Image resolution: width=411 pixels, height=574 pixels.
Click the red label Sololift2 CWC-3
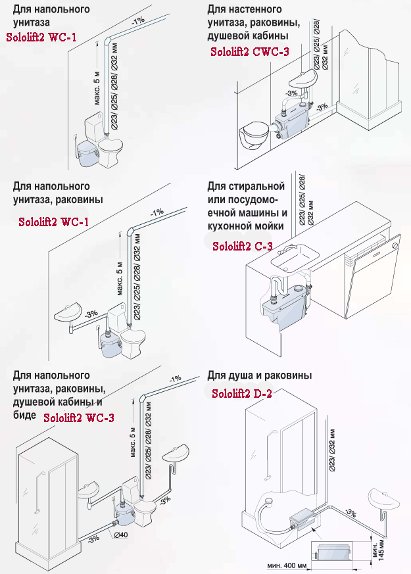[x=250, y=52]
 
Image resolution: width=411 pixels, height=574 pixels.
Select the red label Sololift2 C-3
[x=243, y=246]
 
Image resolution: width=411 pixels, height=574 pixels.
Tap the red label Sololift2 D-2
[x=242, y=394]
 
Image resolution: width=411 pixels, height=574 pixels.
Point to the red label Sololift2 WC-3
[x=79, y=418]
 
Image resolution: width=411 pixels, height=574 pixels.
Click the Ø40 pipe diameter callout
[x=121, y=535]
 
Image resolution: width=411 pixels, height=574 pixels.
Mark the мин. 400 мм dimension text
[x=287, y=566]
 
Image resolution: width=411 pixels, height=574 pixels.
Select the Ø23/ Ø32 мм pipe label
[x=331, y=450]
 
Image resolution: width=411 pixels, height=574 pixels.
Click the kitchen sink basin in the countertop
[x=295, y=257]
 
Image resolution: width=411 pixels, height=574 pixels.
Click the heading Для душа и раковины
[x=260, y=375]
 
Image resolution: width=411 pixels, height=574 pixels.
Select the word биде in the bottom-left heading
[x=24, y=415]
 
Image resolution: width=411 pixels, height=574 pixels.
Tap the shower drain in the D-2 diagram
[x=269, y=499]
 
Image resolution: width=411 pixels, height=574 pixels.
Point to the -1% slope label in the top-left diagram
[x=138, y=21]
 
